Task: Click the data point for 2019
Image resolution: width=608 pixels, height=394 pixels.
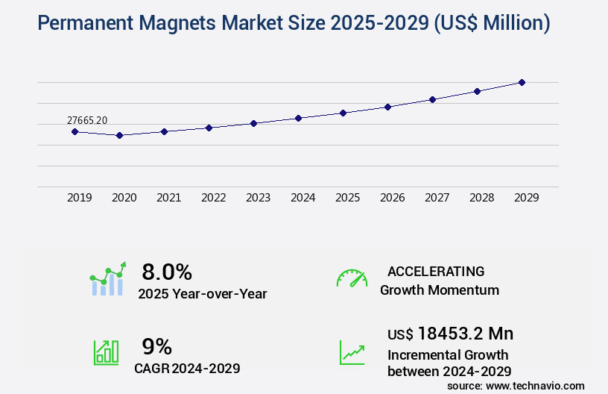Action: [x=75, y=131]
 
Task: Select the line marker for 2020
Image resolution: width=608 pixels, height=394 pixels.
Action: [x=119, y=135]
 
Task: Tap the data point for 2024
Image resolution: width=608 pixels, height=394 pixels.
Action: [x=298, y=118]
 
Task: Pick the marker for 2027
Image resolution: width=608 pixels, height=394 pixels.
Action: [x=432, y=99]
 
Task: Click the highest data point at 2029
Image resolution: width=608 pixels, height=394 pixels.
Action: [x=522, y=82]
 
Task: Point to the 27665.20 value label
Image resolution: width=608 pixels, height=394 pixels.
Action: [x=87, y=119]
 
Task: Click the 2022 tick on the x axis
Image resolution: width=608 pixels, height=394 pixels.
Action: [x=213, y=198]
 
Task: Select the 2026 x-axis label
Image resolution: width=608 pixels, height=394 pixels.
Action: [x=392, y=198]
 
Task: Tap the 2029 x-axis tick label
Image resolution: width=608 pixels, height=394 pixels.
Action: [x=526, y=198]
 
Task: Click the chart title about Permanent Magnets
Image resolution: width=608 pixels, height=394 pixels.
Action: [x=294, y=23]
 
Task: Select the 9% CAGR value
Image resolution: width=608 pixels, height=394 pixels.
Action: [x=156, y=346]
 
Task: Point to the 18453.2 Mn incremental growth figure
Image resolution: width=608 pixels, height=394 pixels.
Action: [x=450, y=333]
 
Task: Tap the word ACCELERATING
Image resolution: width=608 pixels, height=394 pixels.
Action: [x=436, y=271]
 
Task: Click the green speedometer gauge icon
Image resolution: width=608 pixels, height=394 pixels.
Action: [x=352, y=278]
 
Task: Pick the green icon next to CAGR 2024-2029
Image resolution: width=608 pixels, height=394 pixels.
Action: [x=106, y=352]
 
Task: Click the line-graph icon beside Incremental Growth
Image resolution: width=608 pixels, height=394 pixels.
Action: [x=352, y=352]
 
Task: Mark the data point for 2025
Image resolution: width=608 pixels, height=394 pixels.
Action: [x=343, y=113]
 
